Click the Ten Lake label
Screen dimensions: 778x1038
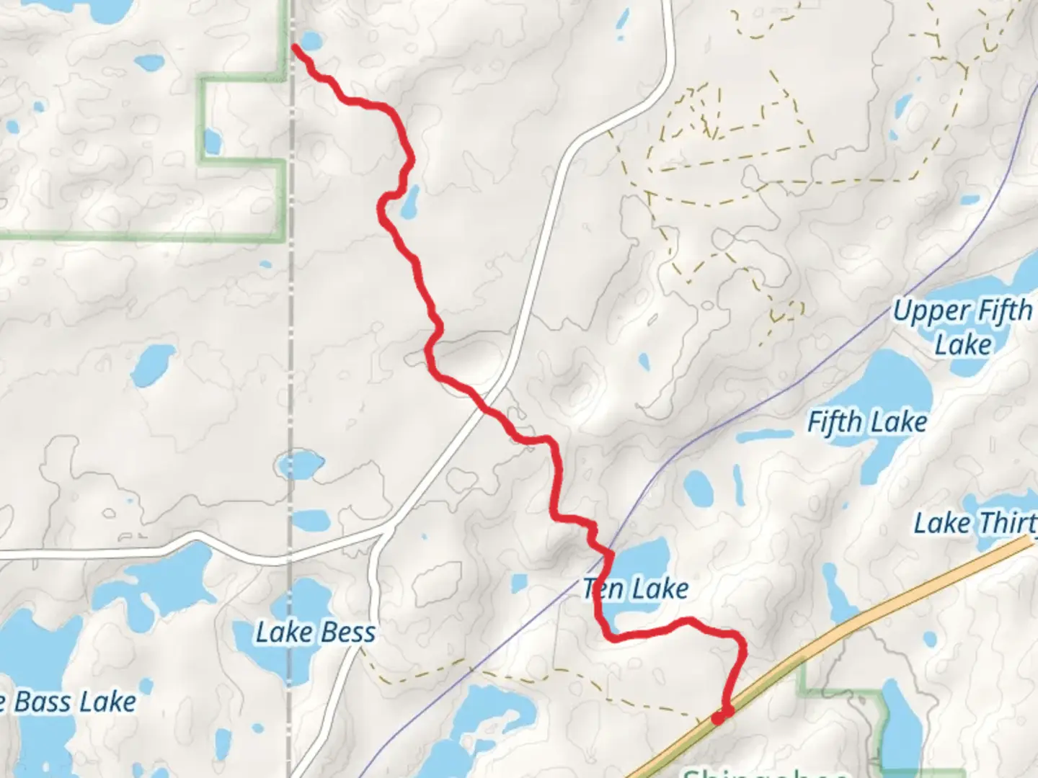click(x=636, y=589)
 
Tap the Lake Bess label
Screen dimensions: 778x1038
click(x=316, y=632)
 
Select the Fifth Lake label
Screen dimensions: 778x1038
click(x=866, y=421)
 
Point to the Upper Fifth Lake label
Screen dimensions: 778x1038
click(x=963, y=327)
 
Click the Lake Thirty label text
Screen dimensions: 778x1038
click(x=975, y=523)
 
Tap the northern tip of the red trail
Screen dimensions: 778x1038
click(x=295, y=48)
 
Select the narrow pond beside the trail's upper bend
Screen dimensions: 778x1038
click(x=410, y=202)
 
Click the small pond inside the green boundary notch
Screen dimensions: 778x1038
click(x=212, y=141)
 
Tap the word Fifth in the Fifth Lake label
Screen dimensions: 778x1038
click(x=834, y=421)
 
